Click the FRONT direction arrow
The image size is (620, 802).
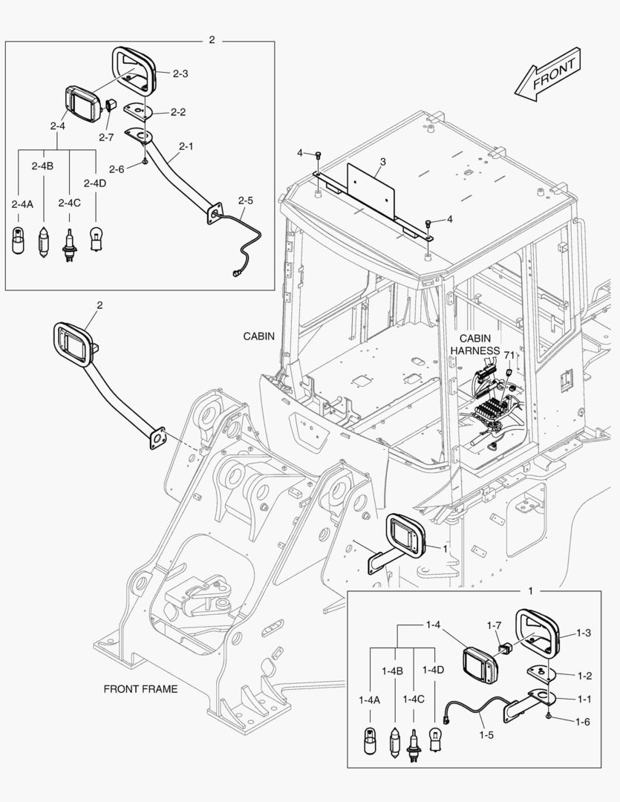click(546, 76)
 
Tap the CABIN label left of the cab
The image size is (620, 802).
click(259, 336)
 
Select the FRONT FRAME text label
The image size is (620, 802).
click(140, 689)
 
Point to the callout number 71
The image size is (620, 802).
click(509, 356)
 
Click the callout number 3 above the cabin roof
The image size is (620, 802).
click(382, 161)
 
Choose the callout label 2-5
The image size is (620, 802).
click(246, 200)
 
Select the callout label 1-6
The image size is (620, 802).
click(584, 721)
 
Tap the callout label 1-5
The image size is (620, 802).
click(486, 735)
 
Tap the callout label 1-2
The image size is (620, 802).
click(584, 676)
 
